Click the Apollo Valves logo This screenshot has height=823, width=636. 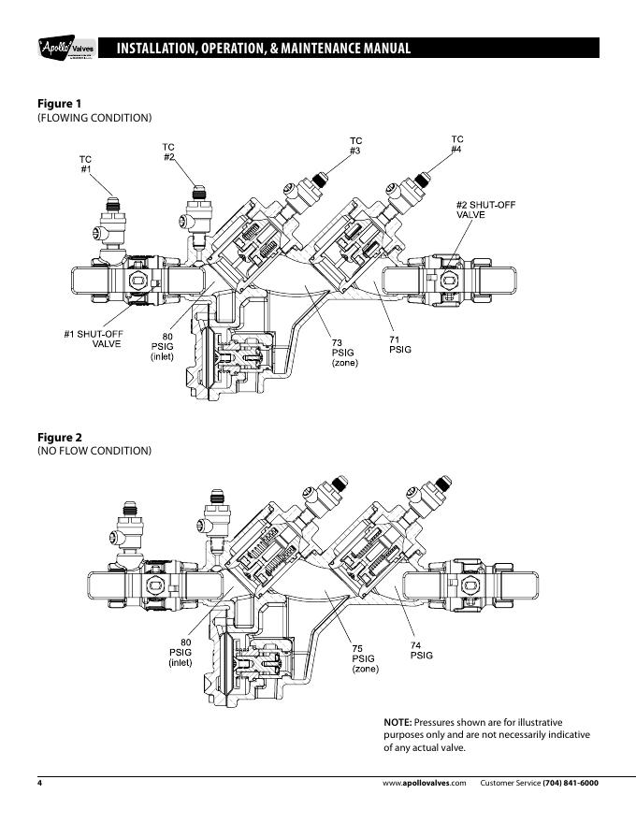pyautogui.click(x=66, y=48)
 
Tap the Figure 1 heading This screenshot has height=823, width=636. pyautogui.click(x=59, y=104)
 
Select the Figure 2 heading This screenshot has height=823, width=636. pyautogui.click(x=59, y=438)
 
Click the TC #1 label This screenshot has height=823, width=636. pyautogui.click(x=85, y=164)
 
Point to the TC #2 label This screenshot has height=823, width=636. pyautogui.click(x=168, y=152)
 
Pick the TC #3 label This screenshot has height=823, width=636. pyautogui.click(x=355, y=146)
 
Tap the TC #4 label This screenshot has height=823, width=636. pyautogui.click(x=457, y=144)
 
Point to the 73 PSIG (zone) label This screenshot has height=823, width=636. pyautogui.click(x=344, y=353)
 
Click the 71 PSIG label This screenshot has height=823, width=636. pyautogui.click(x=400, y=344)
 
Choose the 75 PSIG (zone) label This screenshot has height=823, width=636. pyautogui.click(x=365, y=658)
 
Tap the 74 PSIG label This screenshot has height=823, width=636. pyautogui.click(x=422, y=650)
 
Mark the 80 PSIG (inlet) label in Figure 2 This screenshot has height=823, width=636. pyautogui.click(x=181, y=653)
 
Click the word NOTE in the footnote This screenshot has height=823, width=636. pyautogui.click(x=397, y=722)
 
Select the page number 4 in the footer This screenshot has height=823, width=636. pyautogui.click(x=39, y=783)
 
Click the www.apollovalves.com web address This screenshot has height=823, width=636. pyautogui.click(x=424, y=783)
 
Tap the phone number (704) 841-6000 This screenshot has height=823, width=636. pyautogui.click(x=571, y=783)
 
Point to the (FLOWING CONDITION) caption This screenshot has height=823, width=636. pyautogui.click(x=94, y=118)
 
